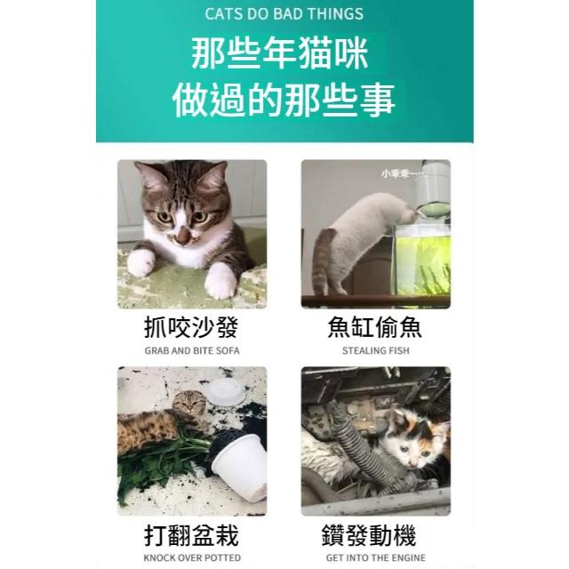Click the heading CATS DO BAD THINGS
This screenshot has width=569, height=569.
284,14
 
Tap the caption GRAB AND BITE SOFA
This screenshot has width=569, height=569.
192,351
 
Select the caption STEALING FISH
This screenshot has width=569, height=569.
375,351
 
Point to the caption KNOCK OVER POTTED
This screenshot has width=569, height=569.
192,557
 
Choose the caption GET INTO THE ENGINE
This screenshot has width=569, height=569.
375,557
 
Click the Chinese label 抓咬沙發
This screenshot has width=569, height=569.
191,327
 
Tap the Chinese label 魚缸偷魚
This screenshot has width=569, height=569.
375,327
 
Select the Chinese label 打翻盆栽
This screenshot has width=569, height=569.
191,535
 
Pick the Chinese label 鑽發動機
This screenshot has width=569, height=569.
369,535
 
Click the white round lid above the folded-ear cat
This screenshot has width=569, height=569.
227,391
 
